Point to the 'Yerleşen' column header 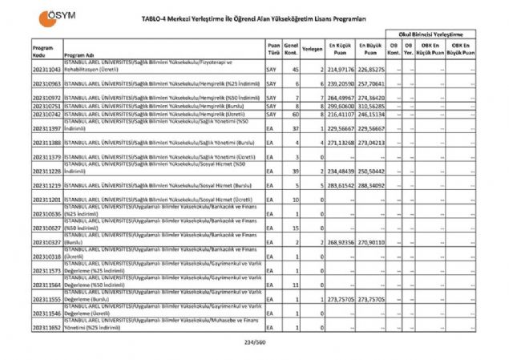pos(313,50)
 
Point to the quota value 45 pos(296,70)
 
